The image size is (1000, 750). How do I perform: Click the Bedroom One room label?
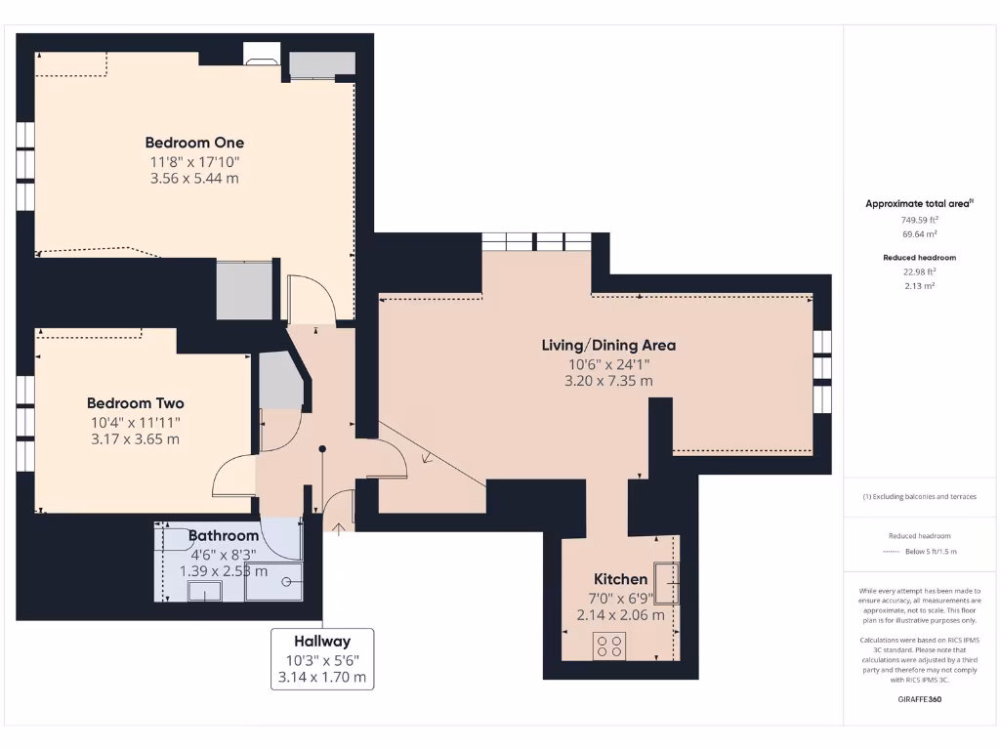tap(194, 143)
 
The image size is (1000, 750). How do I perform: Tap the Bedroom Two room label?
tap(135, 403)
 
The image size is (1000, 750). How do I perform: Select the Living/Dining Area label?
tap(608, 345)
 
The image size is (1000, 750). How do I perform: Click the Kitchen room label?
tap(620, 579)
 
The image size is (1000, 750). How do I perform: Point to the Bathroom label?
tap(224, 535)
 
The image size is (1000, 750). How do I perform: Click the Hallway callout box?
tap(321, 658)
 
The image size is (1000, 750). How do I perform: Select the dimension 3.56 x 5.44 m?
tap(194, 179)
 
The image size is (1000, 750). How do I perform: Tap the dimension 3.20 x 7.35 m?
tap(608, 381)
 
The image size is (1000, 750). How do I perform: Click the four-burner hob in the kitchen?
tap(610, 645)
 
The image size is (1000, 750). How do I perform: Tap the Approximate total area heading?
tap(917, 204)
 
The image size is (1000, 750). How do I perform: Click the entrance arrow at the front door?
tap(339, 528)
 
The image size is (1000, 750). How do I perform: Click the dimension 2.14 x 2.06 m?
tap(620, 615)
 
